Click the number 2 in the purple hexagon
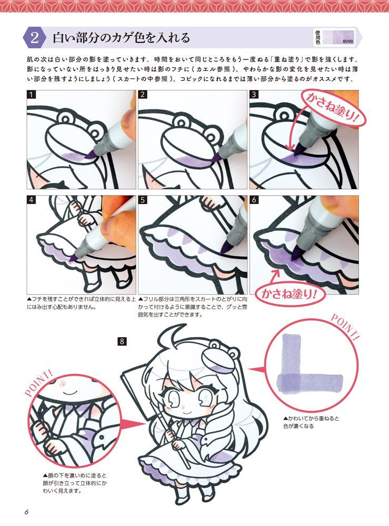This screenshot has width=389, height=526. pos(34,38)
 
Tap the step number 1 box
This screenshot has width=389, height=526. pos(32,95)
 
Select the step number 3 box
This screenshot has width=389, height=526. pos(255,95)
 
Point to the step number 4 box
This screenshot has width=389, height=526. pos(32,201)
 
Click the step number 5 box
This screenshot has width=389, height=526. pos(143,201)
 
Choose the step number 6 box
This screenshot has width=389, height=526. pos(255,201)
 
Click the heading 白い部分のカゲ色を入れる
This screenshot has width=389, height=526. pos(121,38)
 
